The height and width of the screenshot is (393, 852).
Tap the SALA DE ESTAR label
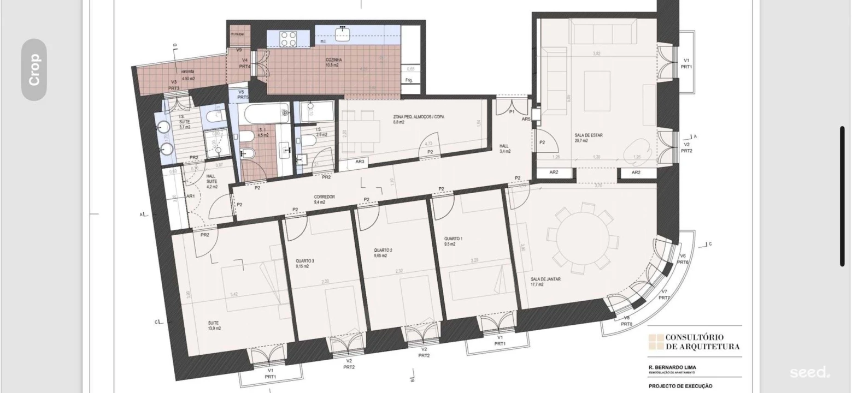pos(589,135)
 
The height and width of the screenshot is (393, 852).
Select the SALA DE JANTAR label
pos(545,279)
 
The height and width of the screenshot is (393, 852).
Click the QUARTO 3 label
pos(304,261)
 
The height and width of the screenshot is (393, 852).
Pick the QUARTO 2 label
pos(383,251)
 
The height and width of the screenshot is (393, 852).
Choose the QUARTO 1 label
pos(453,239)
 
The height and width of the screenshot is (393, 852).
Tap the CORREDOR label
pos(324,197)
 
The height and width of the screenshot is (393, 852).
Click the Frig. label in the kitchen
pos(409,80)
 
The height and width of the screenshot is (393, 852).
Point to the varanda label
pos(188,72)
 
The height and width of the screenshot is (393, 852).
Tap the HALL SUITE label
pos(210,179)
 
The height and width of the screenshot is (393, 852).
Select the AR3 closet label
pos(360,162)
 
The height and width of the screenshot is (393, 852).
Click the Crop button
pos(34,69)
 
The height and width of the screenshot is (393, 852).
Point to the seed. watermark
pos(809,373)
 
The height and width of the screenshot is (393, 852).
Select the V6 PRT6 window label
pos(683,259)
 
